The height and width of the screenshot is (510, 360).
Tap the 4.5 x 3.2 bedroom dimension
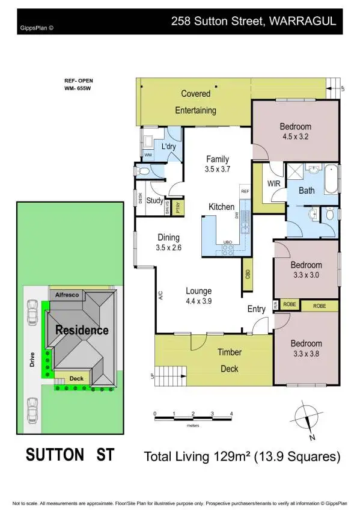295,137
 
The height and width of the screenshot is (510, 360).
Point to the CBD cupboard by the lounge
248,274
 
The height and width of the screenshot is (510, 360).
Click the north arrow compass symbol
307,419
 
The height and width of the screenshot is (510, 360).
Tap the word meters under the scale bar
192,425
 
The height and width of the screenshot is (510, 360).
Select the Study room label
155,201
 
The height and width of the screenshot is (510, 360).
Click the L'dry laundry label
168,146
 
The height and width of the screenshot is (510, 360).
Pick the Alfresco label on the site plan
67,295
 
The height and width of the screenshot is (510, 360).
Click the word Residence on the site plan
82,330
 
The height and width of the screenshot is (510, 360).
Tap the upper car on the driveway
33,312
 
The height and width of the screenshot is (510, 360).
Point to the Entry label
257,309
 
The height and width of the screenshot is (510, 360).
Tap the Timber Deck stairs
162,375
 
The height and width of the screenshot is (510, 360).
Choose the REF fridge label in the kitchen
245,191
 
